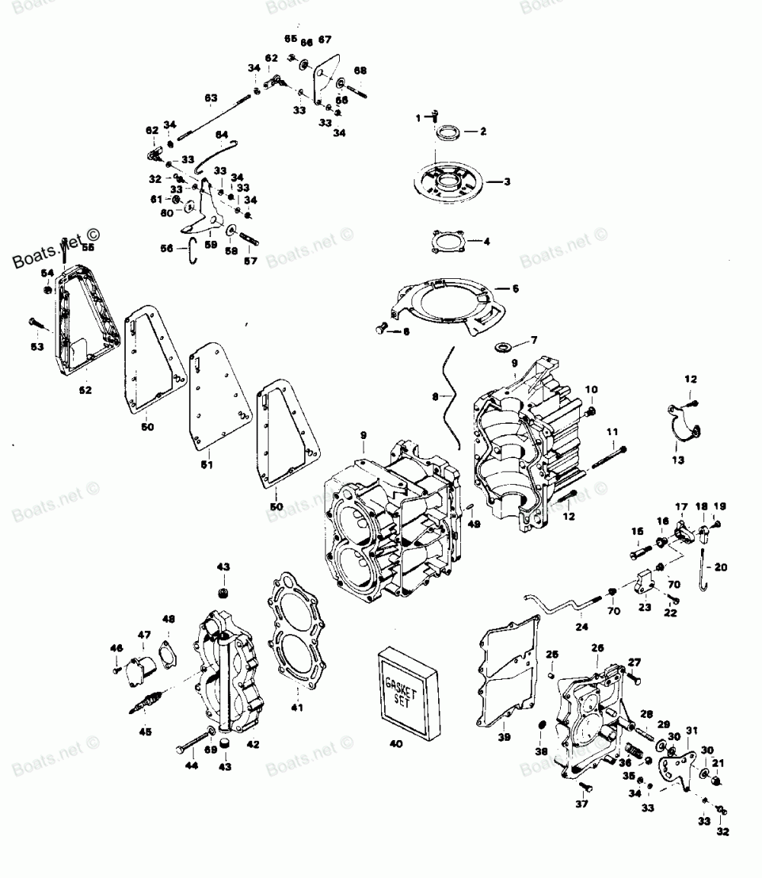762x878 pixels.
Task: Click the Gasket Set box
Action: (408, 690)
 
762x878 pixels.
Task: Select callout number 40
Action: (395, 743)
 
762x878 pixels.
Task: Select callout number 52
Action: (85, 390)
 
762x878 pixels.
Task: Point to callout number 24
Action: (583, 627)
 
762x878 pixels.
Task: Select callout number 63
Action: (210, 97)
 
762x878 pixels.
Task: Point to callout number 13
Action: (678, 460)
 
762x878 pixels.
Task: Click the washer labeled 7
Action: (503, 348)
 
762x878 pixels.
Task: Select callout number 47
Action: (144, 634)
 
